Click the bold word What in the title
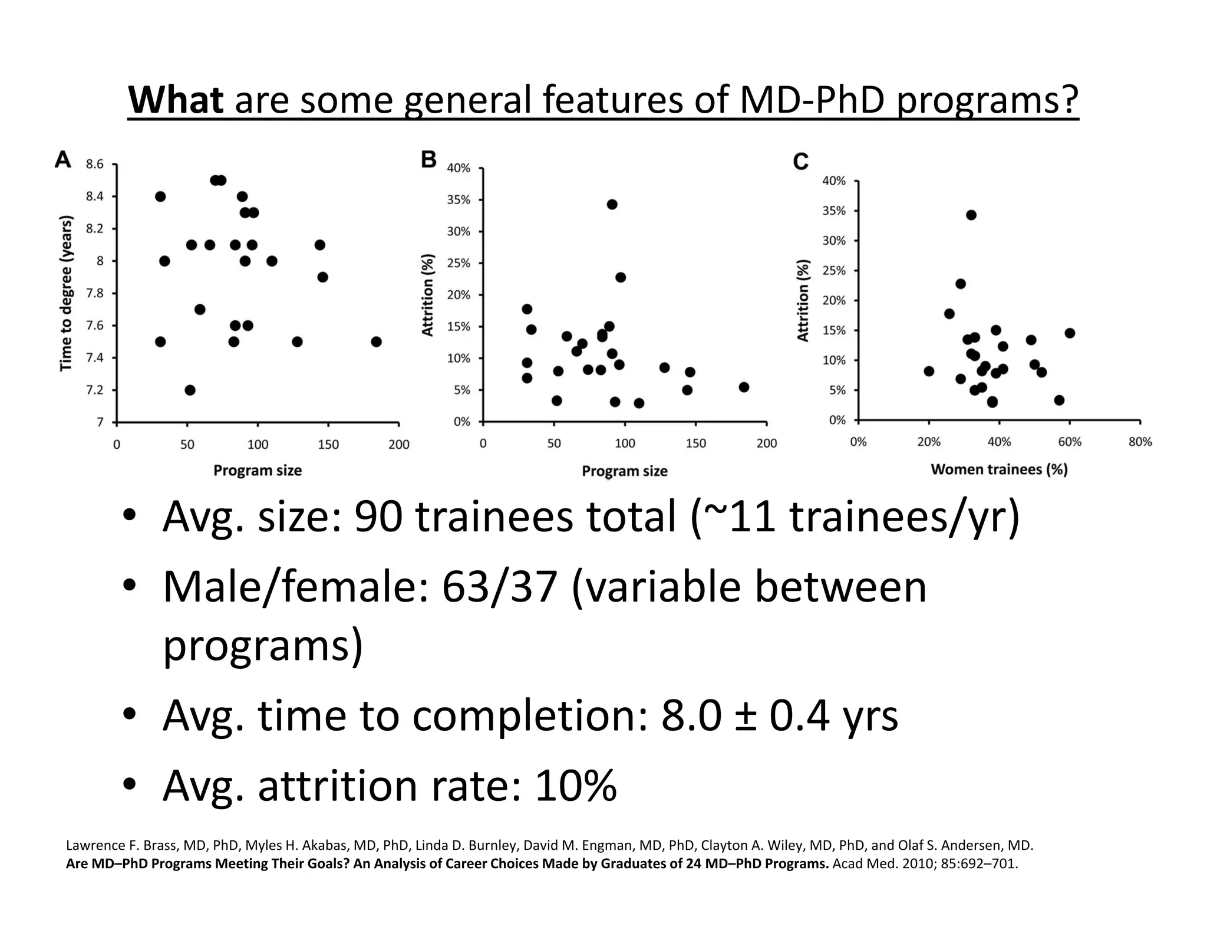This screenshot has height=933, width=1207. tap(176, 100)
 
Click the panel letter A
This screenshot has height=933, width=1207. tap(63, 160)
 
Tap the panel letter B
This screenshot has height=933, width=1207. tap(429, 160)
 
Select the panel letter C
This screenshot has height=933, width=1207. tap(800, 162)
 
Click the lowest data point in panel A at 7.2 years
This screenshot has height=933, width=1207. tap(190, 390)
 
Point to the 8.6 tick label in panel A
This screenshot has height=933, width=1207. tap(94, 165)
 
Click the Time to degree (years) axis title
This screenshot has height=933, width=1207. tap(67, 293)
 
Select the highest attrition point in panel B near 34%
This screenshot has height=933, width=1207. tap(612, 205)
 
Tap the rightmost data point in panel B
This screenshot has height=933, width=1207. tap(744, 387)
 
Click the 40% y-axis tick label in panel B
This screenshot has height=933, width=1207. tap(459, 169)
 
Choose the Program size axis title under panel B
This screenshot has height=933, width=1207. tap(624, 471)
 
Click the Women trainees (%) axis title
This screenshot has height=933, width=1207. tap(999, 470)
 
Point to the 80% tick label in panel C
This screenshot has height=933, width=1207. tap(1140, 442)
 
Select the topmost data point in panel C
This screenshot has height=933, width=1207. tap(971, 215)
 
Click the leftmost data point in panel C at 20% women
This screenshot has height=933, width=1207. tap(929, 372)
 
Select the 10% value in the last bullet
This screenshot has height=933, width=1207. tap(576, 786)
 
